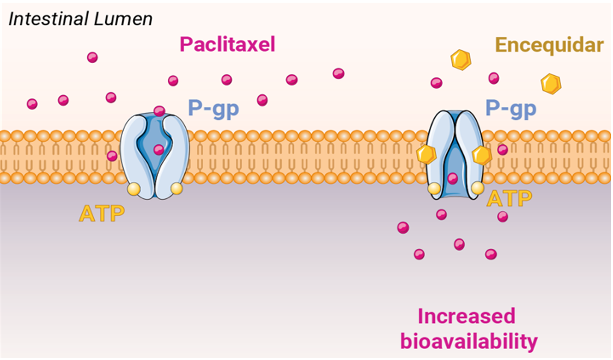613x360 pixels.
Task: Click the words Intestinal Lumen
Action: (81, 20)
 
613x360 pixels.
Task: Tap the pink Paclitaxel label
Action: (227, 44)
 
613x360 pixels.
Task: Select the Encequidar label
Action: (550, 45)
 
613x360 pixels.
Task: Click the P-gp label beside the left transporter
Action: (213, 109)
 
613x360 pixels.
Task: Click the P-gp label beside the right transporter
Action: (511, 109)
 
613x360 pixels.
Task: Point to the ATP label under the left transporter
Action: (102, 213)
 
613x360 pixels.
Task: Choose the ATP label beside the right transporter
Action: (509, 199)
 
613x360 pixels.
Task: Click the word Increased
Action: (466, 316)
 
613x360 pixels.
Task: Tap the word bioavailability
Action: (469, 341)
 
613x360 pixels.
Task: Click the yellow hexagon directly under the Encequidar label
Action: (551, 84)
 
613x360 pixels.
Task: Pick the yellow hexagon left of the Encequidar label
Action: (461, 59)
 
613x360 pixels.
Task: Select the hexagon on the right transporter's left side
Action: (426, 155)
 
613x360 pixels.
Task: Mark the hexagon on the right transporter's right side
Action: (482, 155)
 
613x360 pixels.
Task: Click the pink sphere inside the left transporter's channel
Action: (159, 150)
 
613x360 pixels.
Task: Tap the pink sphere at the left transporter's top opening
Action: (159, 111)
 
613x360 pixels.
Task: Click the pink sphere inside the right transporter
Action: (452, 178)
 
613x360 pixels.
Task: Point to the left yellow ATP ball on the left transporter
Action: (133, 189)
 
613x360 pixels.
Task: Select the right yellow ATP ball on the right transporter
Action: (477, 188)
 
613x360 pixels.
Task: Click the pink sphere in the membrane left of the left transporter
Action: (112, 156)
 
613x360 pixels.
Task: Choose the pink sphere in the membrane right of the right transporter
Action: (502, 150)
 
